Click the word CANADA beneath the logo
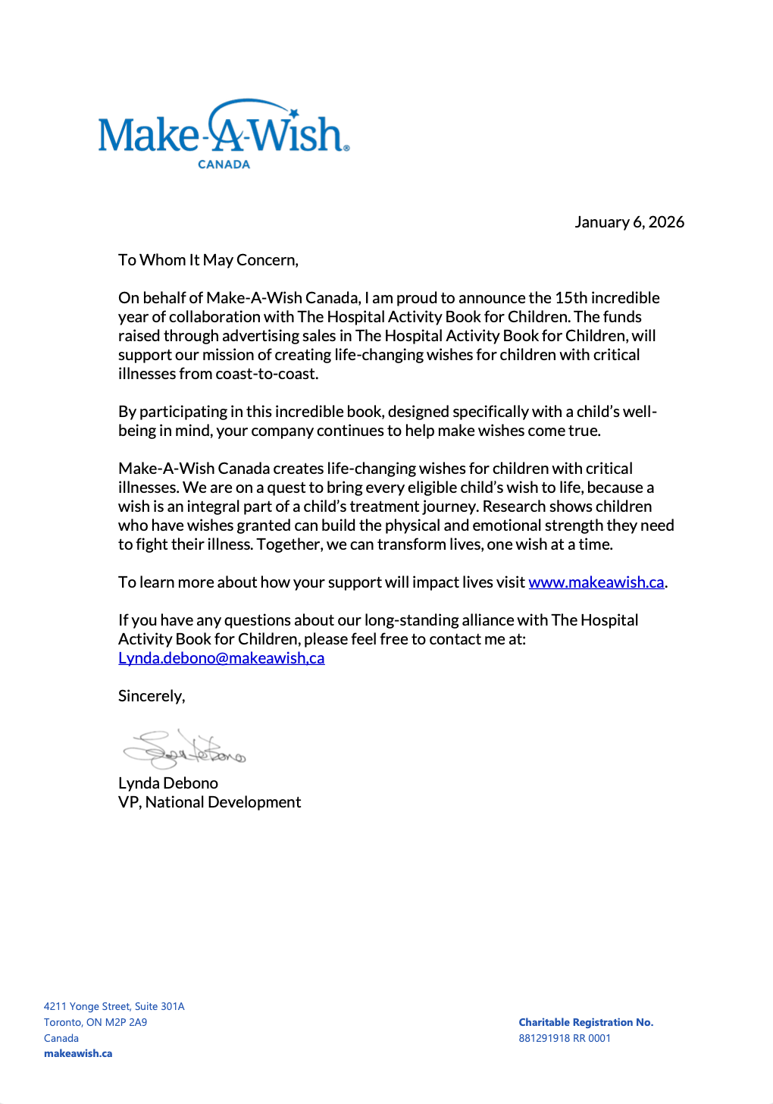tap(224, 165)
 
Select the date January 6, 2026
tap(629, 222)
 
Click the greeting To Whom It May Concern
tap(208, 260)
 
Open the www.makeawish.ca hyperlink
tap(596, 582)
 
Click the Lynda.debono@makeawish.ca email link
tap(221, 658)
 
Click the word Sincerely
tap(151, 696)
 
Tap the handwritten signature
tap(184, 749)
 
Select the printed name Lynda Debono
tap(167, 783)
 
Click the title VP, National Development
tap(209, 802)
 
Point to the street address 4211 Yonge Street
tap(114, 1006)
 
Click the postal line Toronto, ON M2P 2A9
tap(95, 1022)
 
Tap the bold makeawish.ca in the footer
tap(78, 1053)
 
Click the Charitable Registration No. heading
tap(586, 1022)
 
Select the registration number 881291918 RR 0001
tap(565, 1038)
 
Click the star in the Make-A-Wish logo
tap(294, 114)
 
